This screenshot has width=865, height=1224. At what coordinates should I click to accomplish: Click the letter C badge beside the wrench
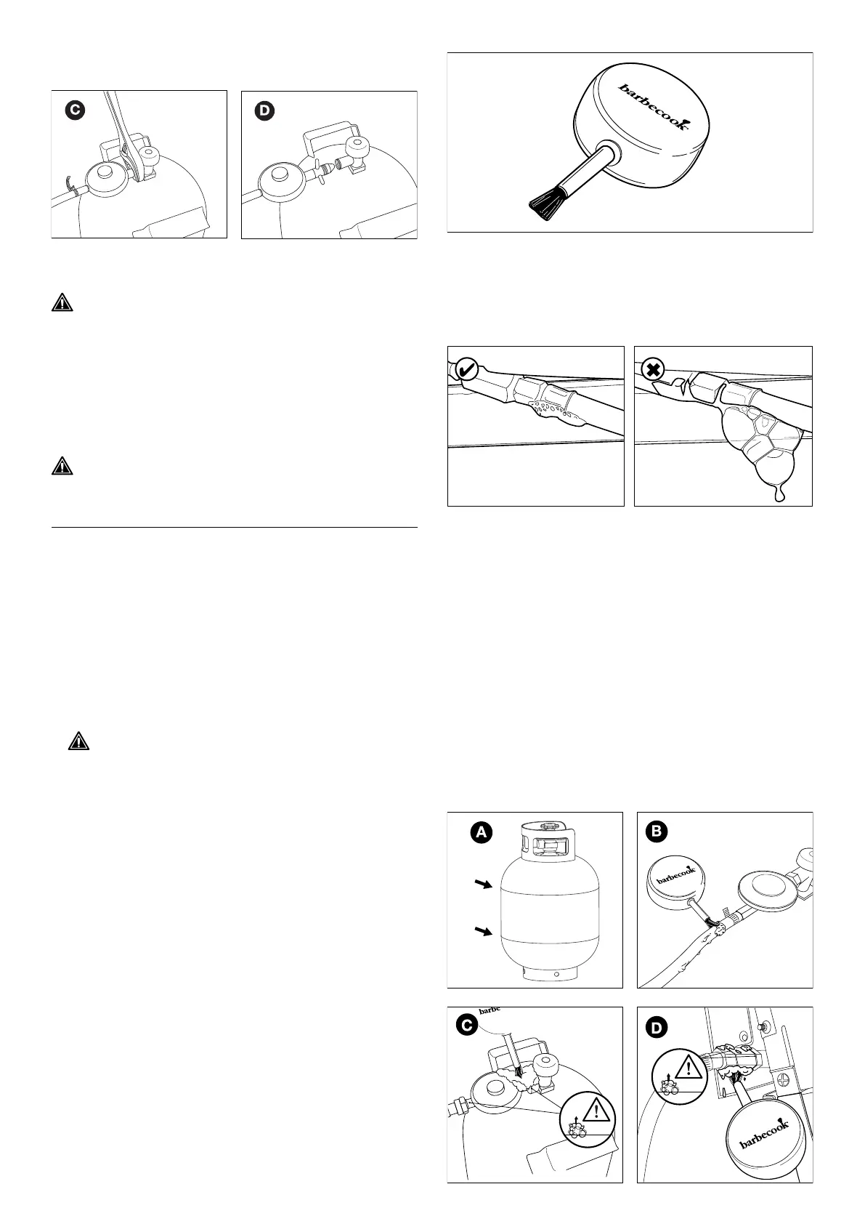(74, 111)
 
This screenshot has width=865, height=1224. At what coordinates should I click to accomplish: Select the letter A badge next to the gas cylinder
(481, 833)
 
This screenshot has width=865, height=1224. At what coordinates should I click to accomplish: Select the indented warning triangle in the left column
(78, 741)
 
